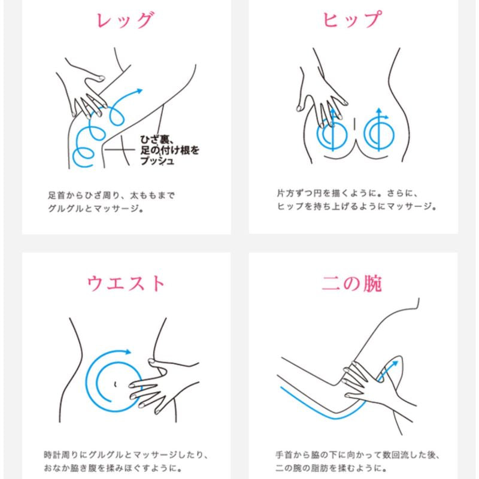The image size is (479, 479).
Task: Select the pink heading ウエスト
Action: [126, 282]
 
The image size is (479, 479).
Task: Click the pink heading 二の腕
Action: [353, 282]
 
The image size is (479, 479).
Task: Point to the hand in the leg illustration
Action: [90, 96]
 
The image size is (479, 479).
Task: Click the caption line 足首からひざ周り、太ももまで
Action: [111, 196]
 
